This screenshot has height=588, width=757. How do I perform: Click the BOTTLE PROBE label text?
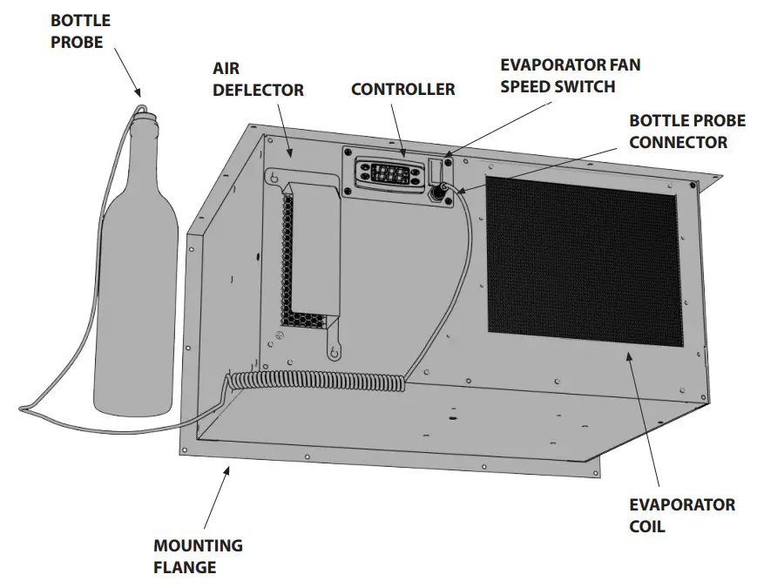pyautogui.click(x=80, y=30)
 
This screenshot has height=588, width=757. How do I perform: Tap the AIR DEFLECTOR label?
pyautogui.click(x=258, y=79)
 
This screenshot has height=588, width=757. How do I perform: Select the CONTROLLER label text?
pyautogui.click(x=402, y=90)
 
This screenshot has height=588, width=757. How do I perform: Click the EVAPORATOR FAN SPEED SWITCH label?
pyautogui.click(x=557, y=75)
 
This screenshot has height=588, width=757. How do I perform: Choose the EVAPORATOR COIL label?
pyautogui.click(x=681, y=515)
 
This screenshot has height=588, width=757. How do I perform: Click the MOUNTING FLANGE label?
pyautogui.click(x=198, y=557)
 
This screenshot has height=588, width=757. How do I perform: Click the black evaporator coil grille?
pyautogui.click(x=581, y=255)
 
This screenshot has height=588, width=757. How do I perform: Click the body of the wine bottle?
pyautogui.click(x=136, y=305)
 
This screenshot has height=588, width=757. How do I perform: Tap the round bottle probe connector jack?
pyautogui.click(x=442, y=187)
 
